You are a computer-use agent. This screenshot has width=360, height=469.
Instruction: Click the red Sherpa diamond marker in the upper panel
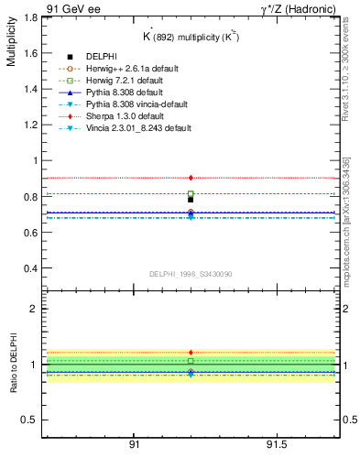pos(191,178)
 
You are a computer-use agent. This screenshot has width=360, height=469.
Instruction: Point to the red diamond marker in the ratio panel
pos(191,352)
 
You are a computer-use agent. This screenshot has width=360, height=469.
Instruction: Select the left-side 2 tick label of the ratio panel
pos(35,309)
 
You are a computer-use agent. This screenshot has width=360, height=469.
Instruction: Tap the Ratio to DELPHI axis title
pos(11,366)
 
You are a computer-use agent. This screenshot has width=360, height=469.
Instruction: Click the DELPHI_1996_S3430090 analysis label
pos(190,274)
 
